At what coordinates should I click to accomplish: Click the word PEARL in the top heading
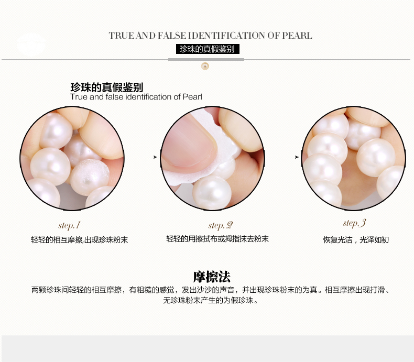click(x=297, y=35)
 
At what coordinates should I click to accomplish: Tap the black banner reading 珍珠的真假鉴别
click(x=208, y=49)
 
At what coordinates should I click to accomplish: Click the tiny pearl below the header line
click(x=205, y=66)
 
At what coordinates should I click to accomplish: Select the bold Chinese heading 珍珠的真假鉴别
click(x=107, y=87)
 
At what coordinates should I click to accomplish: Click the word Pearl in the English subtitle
click(x=192, y=97)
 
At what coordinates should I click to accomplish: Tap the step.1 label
click(x=69, y=225)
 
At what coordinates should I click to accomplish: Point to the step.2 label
click(x=221, y=225)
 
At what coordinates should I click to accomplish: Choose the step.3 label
click(x=354, y=223)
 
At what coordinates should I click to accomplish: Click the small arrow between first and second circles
click(x=155, y=157)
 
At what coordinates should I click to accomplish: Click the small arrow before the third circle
click(x=297, y=157)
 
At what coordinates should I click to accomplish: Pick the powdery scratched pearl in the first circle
click(x=90, y=177)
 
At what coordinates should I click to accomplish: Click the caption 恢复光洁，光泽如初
click(x=356, y=240)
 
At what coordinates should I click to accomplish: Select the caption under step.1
click(x=80, y=240)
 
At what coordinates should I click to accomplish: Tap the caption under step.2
click(x=217, y=239)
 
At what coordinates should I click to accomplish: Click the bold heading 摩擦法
click(x=212, y=277)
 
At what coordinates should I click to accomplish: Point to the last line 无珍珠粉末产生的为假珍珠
click(x=210, y=300)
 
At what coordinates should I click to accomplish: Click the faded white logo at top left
click(x=31, y=45)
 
